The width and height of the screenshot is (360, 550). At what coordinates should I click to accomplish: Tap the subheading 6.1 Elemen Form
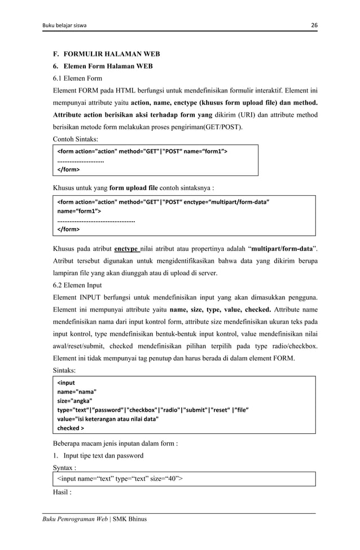(x=77, y=78)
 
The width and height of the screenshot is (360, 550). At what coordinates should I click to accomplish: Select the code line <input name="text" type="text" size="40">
(x=120, y=479)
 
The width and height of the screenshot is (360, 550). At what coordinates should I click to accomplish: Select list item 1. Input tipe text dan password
(x=98, y=455)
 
